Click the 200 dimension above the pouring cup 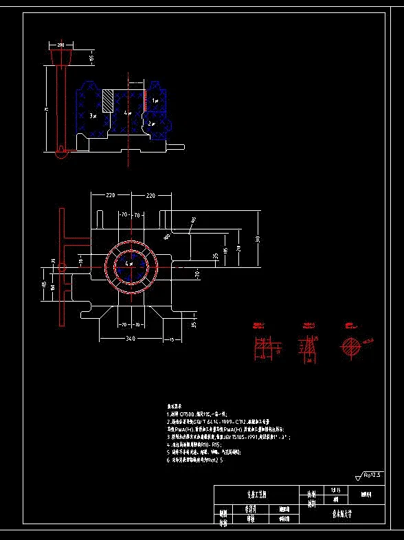60,44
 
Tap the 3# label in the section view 94,117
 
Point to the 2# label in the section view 152,124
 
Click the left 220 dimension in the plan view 110,196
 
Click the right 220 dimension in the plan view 150,196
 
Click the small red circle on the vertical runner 63,266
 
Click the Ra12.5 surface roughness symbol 369,474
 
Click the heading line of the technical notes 177,407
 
